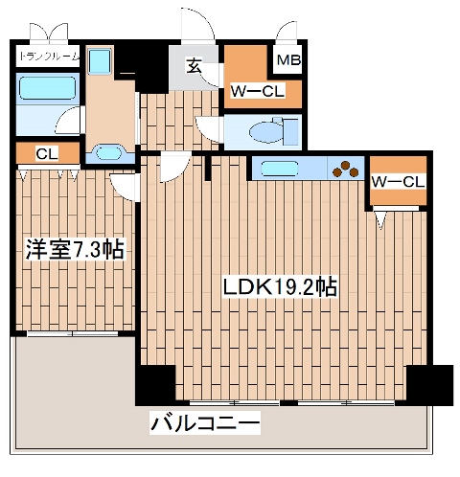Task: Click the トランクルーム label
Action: tap(49, 57)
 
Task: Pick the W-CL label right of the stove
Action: tap(398, 181)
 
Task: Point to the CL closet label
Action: tap(45, 154)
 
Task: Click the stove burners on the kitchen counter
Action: tap(342, 170)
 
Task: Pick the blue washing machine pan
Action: tap(101, 62)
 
